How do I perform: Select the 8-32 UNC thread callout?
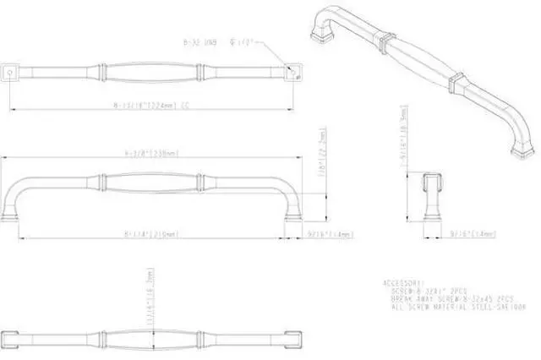tap(200, 38)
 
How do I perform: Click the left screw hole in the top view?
tap(11, 73)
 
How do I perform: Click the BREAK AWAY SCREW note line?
tap(452, 297)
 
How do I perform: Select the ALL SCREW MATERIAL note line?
tap(452, 305)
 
